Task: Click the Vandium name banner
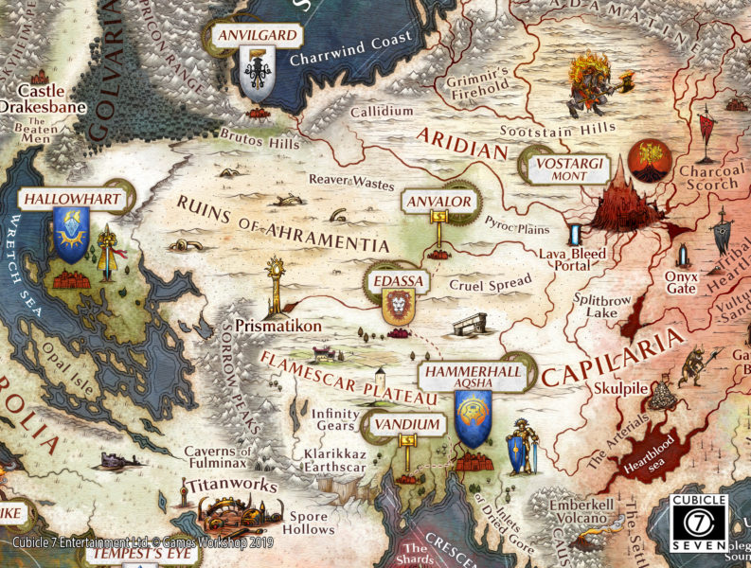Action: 408,425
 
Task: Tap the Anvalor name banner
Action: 438,203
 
